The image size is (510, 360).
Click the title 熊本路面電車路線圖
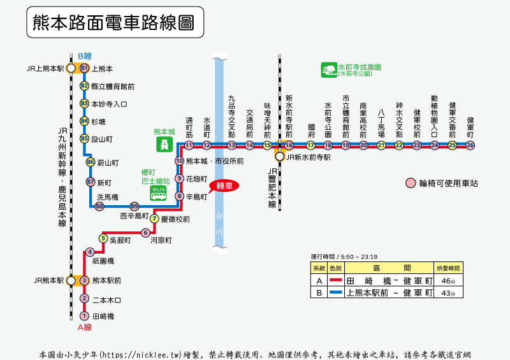click(115, 24)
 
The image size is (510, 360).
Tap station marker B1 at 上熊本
click(84, 68)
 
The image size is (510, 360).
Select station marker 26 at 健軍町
click(470, 145)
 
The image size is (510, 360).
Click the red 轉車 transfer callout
click(224, 186)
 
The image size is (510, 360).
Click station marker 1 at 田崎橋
click(84, 316)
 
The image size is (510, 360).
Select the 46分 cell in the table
click(449, 280)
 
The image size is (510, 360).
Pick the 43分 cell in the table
click(449, 293)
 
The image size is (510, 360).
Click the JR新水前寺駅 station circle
click(279, 157)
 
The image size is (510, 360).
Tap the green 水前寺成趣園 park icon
click(329, 69)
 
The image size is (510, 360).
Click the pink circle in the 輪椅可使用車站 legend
click(410, 184)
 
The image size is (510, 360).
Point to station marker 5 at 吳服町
click(103, 238)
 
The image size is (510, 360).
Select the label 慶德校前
click(175, 219)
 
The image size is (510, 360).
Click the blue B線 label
click(85, 56)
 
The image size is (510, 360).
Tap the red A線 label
click(85, 328)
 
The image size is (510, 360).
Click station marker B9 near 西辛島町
click(134, 206)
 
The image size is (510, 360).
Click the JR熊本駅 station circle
click(71, 280)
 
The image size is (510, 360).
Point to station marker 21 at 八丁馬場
click(381, 145)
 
